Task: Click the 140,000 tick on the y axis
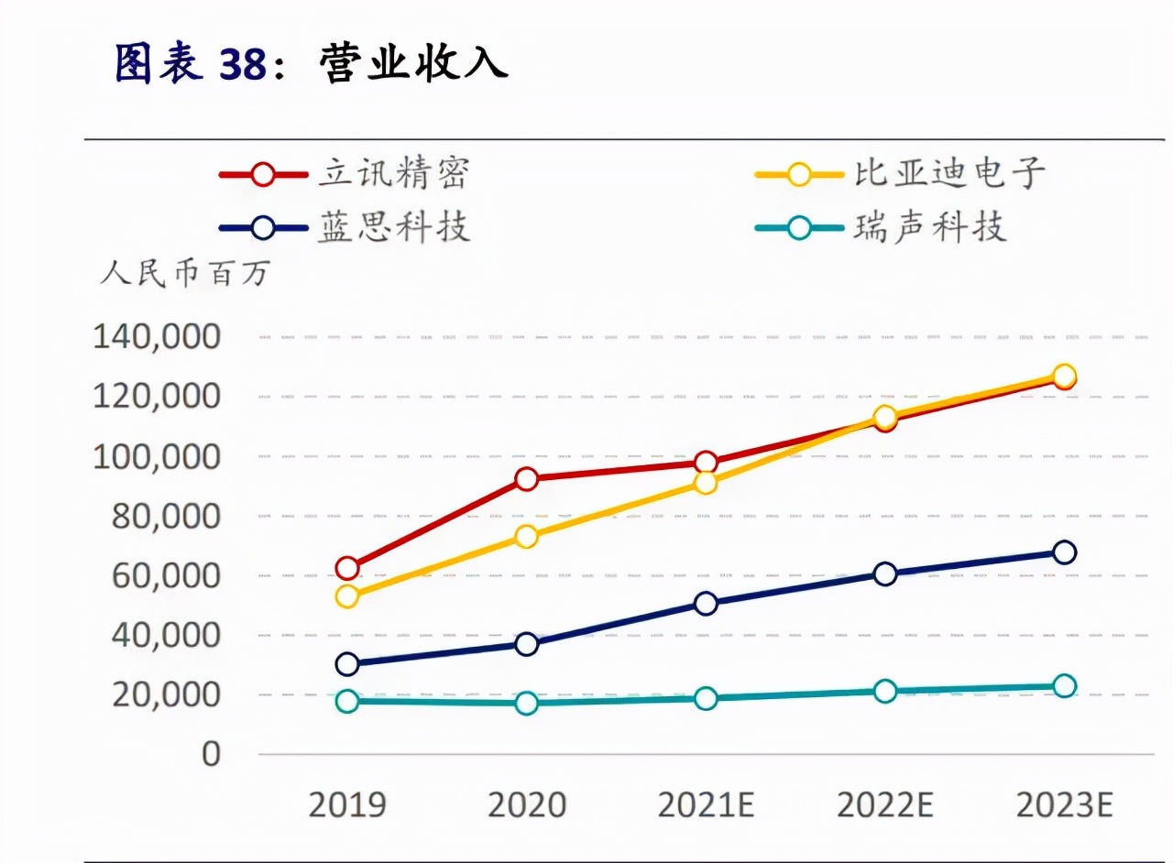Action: tap(157, 337)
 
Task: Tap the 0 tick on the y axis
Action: tap(211, 754)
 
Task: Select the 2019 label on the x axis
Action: tap(346, 805)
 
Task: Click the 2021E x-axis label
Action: tap(706, 805)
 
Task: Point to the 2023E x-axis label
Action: tap(1064, 805)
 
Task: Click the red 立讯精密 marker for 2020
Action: tap(526, 478)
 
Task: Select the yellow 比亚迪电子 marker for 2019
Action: tap(346, 597)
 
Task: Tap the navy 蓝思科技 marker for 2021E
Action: tap(706, 604)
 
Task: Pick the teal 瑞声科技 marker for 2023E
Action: tap(1064, 686)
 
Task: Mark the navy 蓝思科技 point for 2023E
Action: tap(1064, 552)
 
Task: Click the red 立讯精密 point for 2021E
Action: tap(706, 463)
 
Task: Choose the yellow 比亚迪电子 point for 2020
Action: tap(526, 537)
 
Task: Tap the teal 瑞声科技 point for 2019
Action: tap(346, 702)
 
